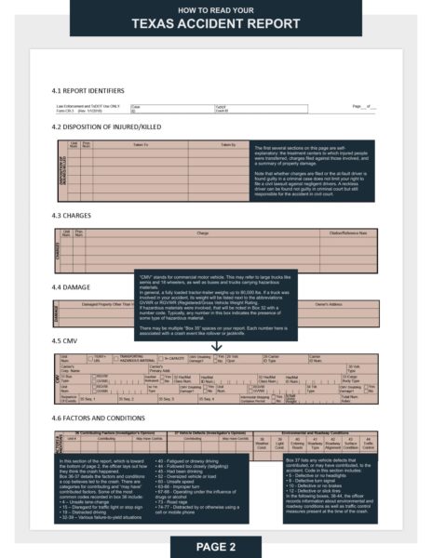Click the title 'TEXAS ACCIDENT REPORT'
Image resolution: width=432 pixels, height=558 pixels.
point(215,23)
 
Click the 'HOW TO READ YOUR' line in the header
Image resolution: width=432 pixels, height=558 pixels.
point(215,8)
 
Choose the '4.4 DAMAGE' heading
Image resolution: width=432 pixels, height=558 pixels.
point(72,288)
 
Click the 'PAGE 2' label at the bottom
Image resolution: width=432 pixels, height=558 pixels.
point(215,544)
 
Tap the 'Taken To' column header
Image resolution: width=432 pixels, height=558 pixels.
point(140,144)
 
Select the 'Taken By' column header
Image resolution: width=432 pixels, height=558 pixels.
point(228,144)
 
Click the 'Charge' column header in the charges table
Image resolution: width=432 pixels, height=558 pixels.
point(202,232)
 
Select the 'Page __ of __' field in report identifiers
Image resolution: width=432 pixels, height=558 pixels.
point(365,107)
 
